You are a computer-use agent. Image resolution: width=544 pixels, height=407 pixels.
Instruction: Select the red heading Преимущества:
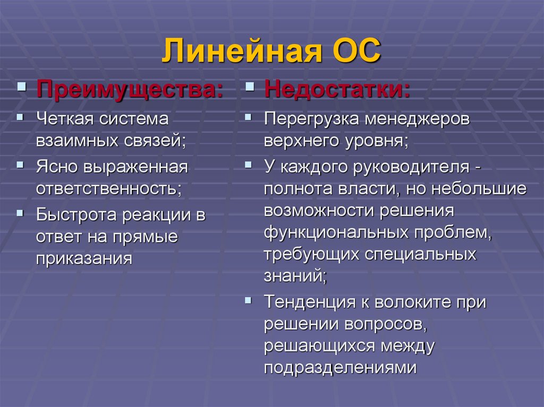tap(130, 88)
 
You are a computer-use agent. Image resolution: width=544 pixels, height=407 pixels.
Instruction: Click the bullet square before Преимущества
tap(22, 85)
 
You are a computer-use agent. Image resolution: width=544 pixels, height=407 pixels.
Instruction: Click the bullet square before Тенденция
tap(248, 300)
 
